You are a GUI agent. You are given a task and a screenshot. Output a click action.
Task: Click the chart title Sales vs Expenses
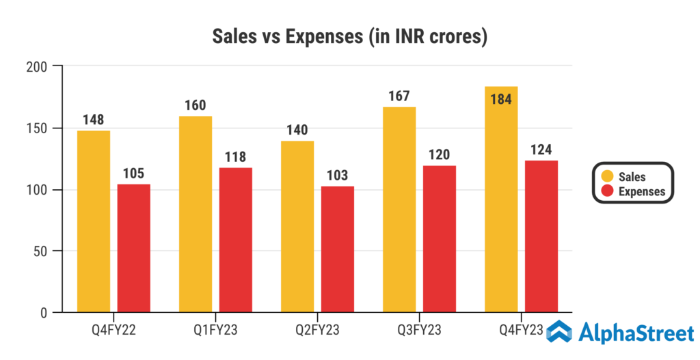349,36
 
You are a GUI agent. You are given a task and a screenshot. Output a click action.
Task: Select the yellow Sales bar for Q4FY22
94,221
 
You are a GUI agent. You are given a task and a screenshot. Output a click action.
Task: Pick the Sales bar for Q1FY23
196,214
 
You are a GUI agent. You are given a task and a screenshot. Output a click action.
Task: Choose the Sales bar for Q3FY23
399,210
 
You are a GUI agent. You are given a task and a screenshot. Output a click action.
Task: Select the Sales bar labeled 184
501,205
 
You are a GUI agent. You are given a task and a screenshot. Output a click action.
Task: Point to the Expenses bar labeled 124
541,236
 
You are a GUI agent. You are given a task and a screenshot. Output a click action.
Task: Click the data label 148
93,120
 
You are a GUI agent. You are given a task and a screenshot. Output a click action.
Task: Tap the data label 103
338,175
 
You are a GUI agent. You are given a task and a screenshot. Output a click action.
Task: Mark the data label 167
399,95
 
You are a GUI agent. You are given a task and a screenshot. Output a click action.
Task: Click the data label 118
236,156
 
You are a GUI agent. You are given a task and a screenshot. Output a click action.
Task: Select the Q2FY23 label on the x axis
317,331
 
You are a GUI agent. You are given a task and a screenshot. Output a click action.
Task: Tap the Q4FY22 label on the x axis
113,331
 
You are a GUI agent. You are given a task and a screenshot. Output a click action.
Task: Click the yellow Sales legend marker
606,177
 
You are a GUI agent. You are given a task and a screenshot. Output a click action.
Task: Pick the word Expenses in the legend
642,191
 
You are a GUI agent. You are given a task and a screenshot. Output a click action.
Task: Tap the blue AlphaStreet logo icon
559,331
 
